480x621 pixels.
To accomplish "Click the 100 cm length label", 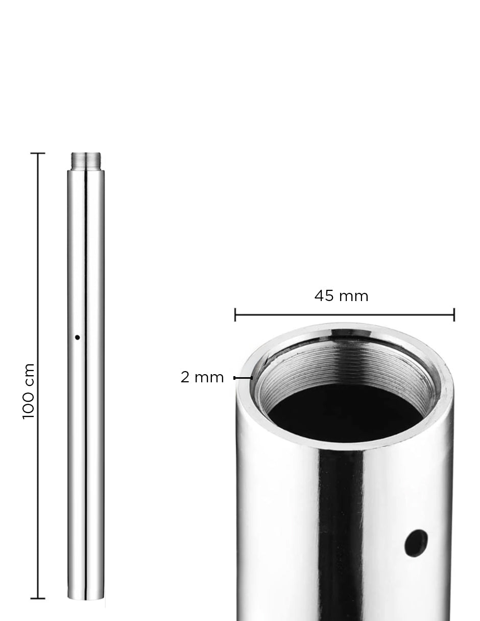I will pos(29,391).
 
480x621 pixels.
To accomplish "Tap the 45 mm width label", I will pos(341,296).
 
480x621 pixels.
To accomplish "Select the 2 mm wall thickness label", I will pos(202,378).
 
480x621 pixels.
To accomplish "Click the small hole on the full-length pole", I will pos(78,337).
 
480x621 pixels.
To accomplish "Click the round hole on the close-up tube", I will pos(416,543).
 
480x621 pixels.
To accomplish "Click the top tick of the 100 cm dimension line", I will pos(38,153).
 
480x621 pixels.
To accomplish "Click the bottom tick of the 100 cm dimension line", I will pos(38,598).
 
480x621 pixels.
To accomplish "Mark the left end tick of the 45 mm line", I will pos(235,315).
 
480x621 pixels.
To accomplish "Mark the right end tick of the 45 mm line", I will pos(453,315).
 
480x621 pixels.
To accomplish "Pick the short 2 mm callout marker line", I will pos(243,378).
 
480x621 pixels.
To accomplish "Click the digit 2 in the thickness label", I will pos(185,378).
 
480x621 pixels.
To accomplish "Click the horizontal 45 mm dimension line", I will pos(345,315).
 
